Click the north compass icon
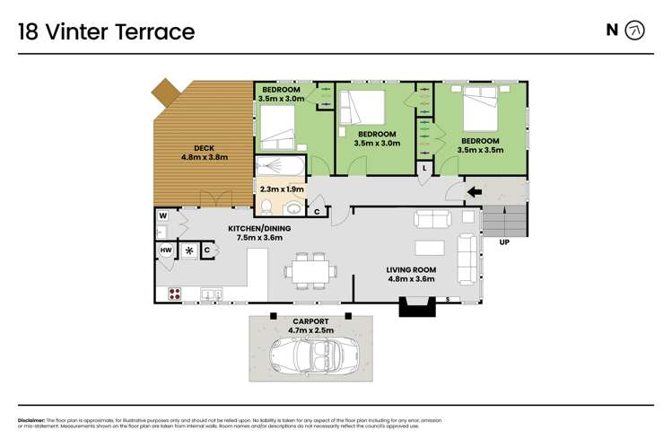tap(634, 31)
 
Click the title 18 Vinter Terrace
tap(106, 32)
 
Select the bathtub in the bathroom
tap(280, 168)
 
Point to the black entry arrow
tap(472, 190)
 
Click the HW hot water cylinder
tap(166, 250)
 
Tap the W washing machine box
tap(164, 215)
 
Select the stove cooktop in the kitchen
tap(174, 293)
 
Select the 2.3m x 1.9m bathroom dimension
tap(282, 189)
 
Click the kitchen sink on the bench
tap(213, 293)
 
